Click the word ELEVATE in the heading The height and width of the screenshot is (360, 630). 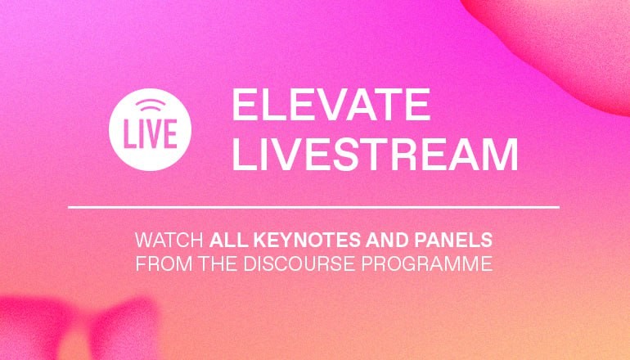(331, 105)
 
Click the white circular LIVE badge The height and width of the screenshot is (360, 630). (150, 130)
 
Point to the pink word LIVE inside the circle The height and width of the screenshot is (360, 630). (150, 134)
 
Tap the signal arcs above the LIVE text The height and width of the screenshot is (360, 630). (151, 106)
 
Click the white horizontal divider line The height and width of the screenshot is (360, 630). (314, 207)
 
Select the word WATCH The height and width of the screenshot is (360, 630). (169, 241)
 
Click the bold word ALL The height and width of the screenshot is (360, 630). (228, 241)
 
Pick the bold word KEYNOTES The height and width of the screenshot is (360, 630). (308, 241)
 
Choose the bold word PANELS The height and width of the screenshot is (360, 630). (453, 241)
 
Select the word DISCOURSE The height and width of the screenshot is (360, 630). (299, 263)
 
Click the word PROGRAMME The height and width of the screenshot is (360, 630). (427, 263)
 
